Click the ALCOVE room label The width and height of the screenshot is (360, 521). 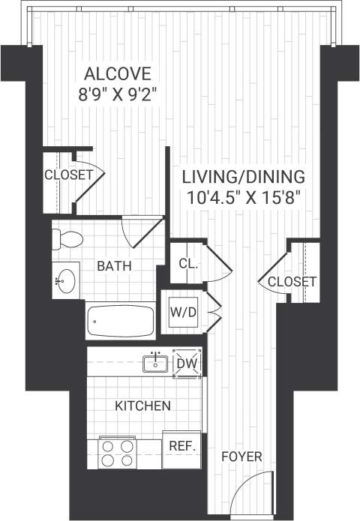coord(118,74)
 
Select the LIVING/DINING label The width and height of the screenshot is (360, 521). coord(244,178)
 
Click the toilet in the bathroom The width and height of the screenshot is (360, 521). coord(67,239)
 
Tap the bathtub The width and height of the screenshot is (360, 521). coord(121,321)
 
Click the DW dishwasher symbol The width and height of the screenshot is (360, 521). coord(187,364)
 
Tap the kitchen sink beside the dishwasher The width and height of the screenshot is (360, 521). coord(156,364)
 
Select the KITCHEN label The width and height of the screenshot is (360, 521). coord(142,406)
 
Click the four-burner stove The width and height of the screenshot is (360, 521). coord(118,452)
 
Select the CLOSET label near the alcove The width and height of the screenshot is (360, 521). coord(68,175)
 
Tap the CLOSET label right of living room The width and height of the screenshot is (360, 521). coord(292,281)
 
